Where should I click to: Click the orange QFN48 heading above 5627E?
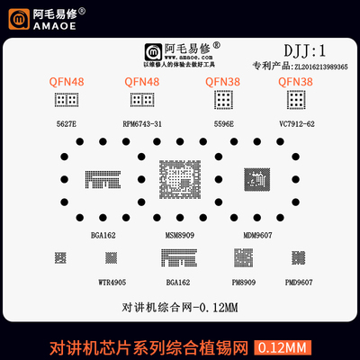coord(67,83)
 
